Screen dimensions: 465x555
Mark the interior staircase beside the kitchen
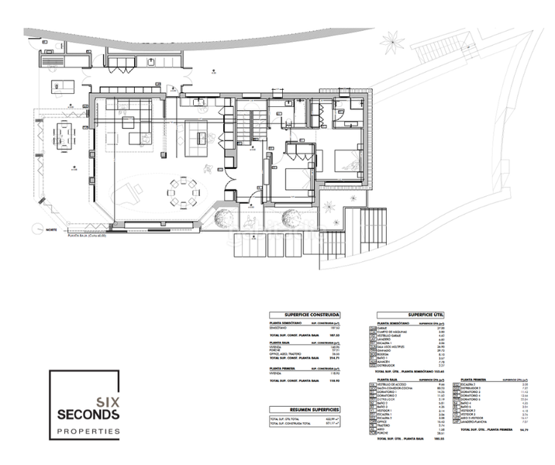(x=245, y=124)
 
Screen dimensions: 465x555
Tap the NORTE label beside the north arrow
(x=51, y=230)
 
